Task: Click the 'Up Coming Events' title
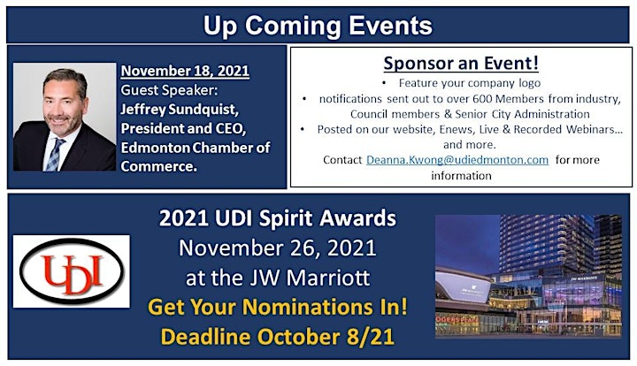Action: click(x=318, y=26)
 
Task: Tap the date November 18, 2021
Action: click(x=185, y=71)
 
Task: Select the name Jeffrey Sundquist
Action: click(x=180, y=109)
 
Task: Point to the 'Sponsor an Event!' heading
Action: click(x=461, y=63)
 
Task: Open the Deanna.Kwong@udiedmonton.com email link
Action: click(x=457, y=160)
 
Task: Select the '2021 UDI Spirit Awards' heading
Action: click(x=278, y=218)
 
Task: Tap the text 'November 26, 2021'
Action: click(x=278, y=248)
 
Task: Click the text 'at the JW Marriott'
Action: click(x=278, y=278)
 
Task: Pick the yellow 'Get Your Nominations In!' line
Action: click(x=278, y=307)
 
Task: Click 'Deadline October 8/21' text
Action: click(x=278, y=337)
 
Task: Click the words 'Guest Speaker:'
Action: click(x=169, y=90)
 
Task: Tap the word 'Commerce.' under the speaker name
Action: click(x=159, y=166)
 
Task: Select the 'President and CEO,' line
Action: click(x=184, y=128)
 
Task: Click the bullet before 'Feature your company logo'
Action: click(x=384, y=83)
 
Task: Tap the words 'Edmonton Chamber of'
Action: click(x=196, y=148)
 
